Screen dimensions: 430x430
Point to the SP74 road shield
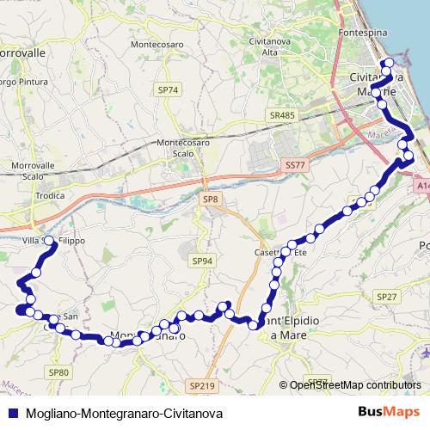tap(168, 89)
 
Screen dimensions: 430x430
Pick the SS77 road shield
tap(294, 163)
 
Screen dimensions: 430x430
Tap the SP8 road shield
tap(211, 200)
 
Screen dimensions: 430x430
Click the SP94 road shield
tap(202, 261)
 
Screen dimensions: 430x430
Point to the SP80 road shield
tap(58, 372)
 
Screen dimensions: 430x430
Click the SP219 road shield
tap(199, 386)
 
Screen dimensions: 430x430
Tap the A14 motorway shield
tap(421, 184)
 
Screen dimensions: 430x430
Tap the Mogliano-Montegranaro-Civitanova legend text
tap(113, 413)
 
